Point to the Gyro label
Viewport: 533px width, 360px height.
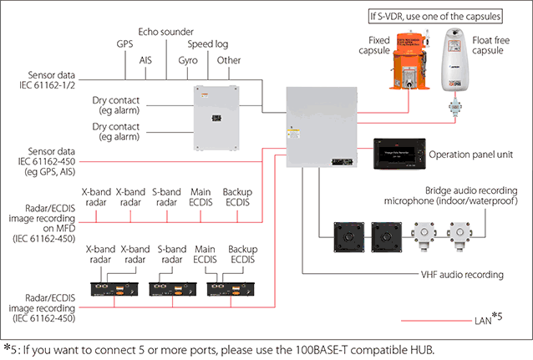(x=189, y=60)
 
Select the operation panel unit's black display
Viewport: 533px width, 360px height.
(x=398, y=154)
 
